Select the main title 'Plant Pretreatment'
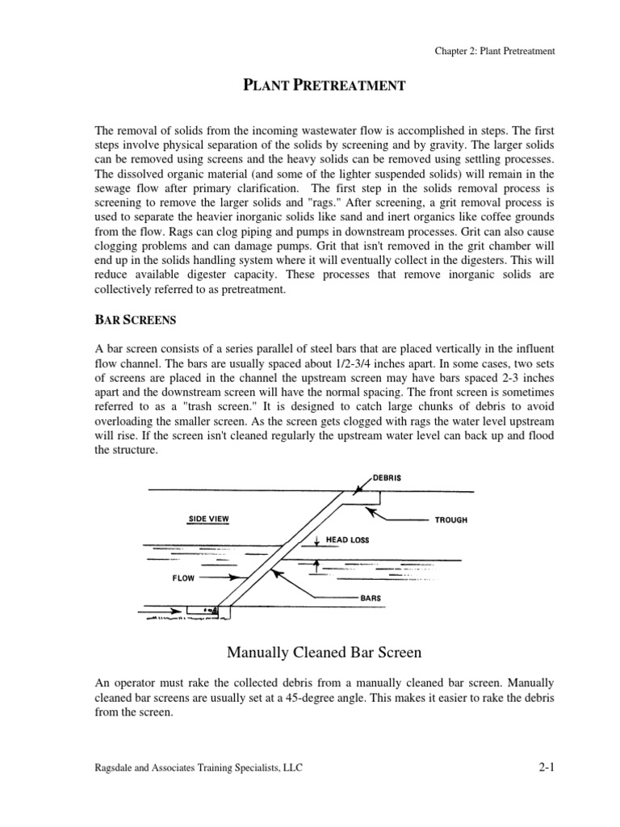[324, 86]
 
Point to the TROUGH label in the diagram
[450, 520]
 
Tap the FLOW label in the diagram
[183, 578]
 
